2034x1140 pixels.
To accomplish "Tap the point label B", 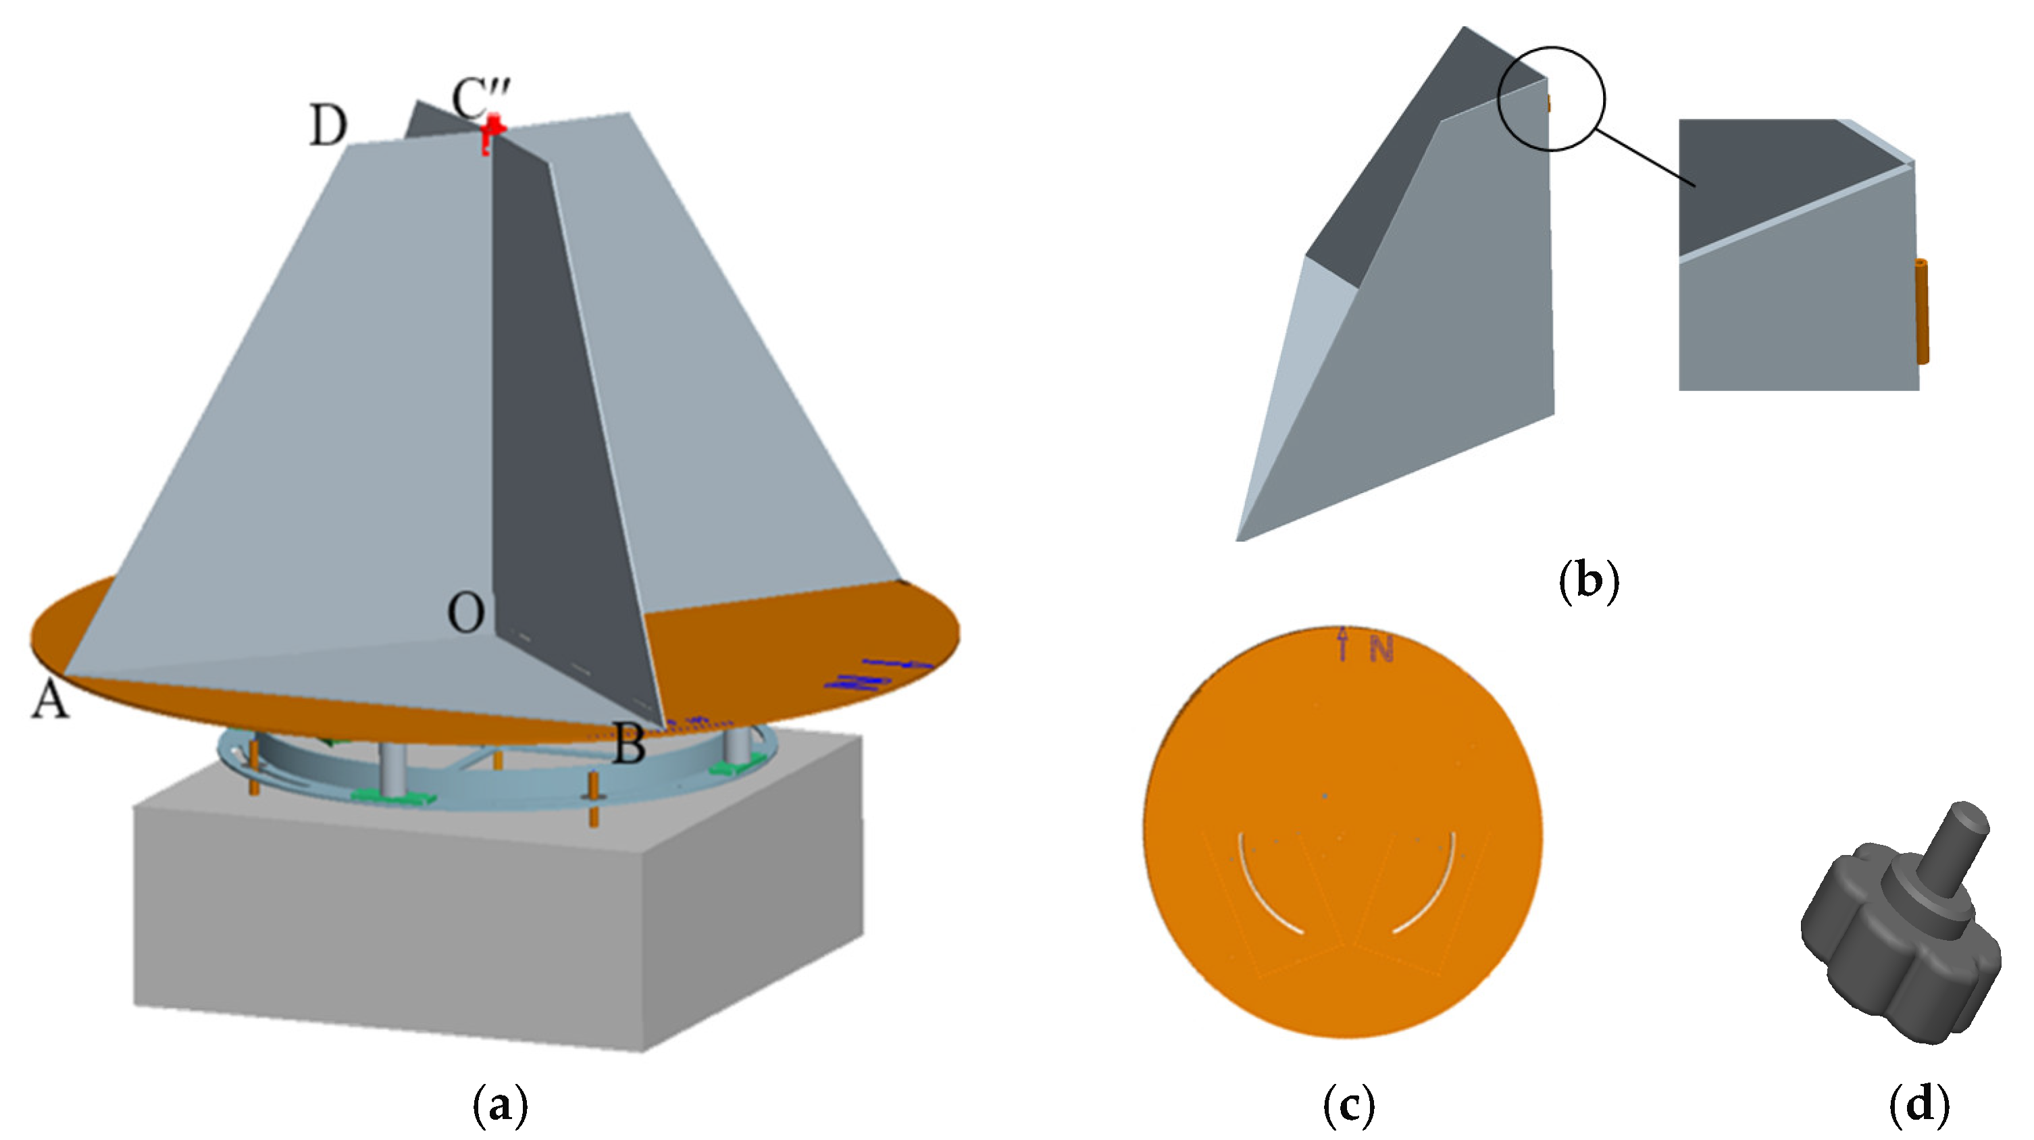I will point(630,744).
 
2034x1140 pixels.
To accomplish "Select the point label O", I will point(466,613).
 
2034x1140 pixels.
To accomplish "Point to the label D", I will point(328,126).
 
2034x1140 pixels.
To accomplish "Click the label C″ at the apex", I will point(481,98).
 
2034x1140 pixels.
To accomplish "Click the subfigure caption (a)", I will point(499,1106).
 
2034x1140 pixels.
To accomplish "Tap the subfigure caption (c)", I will point(1348,1106).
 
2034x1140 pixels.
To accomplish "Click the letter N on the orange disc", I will point(1381,649).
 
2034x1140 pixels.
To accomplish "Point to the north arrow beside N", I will point(1343,643).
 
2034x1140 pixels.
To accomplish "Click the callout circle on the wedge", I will point(1552,98).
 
